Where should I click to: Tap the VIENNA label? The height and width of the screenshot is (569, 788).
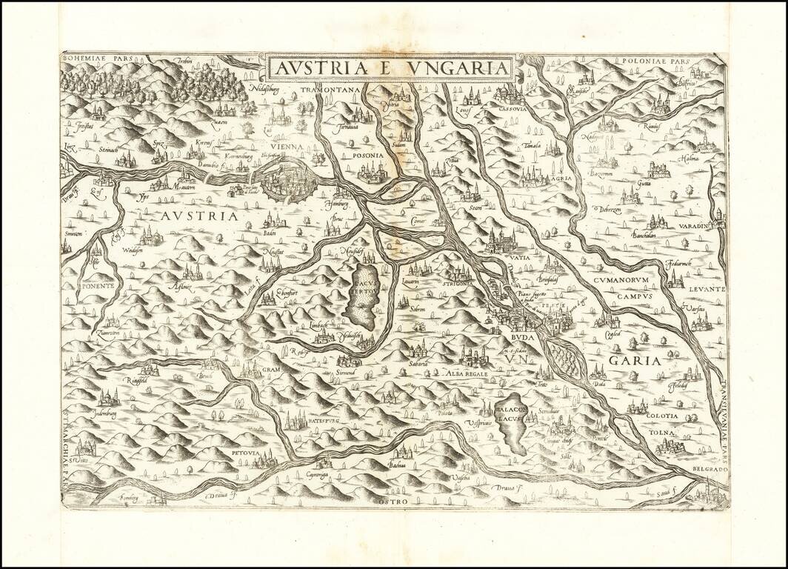tap(287, 147)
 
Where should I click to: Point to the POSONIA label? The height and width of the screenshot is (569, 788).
tap(368, 156)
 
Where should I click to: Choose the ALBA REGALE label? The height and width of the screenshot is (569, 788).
tap(465, 375)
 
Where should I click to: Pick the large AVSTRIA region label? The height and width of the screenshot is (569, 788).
tap(197, 216)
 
